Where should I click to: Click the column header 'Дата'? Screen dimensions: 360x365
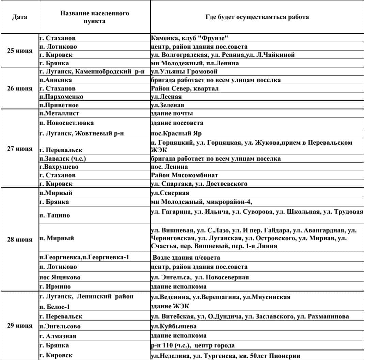19,17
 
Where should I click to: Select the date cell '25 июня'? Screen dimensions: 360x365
20,51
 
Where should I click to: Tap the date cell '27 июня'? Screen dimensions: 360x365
20,149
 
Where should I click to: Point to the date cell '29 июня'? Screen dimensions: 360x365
20,325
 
